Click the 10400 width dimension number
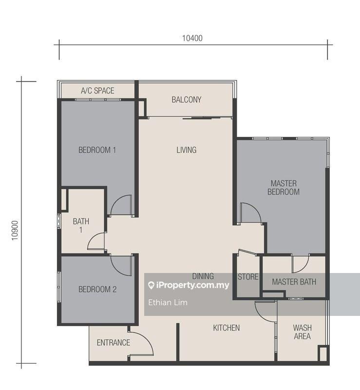pos(192,39)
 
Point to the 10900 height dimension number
pos(15,231)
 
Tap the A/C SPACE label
pos(97,91)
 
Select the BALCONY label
pos(186,100)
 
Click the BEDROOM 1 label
pos(97,150)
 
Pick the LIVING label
pos(187,150)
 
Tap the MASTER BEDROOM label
pos(284,188)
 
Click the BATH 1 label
pos(81,225)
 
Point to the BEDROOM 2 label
pos(97,289)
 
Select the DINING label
pos(203,276)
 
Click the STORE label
pos(248,277)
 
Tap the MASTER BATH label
pos(294,282)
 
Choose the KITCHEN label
pos(226,328)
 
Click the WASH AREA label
pos(302,332)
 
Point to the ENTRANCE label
pos(114,343)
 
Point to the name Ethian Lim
pos(168,302)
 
